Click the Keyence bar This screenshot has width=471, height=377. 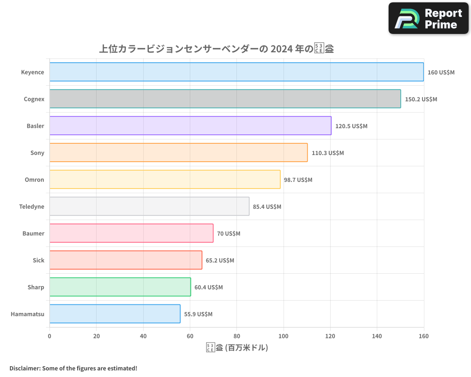point(236,72)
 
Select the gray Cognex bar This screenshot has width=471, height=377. point(225,99)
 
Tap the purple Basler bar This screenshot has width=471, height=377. point(190,126)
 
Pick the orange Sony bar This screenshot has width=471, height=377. point(179,153)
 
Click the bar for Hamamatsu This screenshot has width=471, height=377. point(115,314)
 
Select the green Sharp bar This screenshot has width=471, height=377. point(120,287)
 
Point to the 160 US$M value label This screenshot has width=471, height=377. point(441,73)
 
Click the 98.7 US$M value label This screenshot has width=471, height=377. point(298,180)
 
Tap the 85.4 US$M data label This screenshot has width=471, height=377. point(267,207)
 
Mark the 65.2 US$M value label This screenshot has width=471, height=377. point(219,261)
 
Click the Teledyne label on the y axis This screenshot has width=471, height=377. point(32,207)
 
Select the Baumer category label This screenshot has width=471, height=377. point(33,234)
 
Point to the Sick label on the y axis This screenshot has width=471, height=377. point(39,261)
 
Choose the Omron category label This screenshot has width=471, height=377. point(34,180)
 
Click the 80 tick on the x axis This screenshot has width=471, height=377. point(236,336)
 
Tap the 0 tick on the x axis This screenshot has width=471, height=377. point(49,336)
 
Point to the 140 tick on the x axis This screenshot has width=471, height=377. point(377,336)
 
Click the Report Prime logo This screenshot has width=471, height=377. point(429,18)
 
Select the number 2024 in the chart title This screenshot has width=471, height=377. point(281,49)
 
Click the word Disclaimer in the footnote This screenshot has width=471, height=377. point(24,368)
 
